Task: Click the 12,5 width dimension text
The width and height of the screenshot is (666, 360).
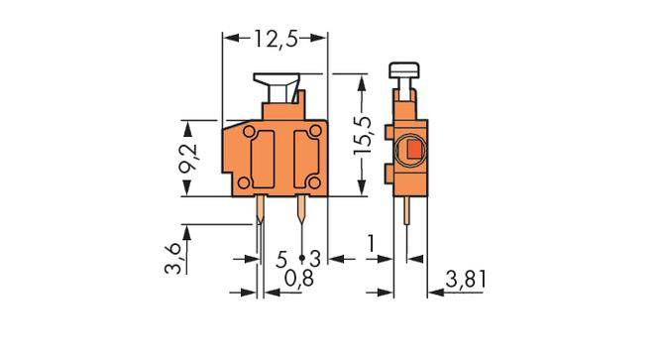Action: point(276,39)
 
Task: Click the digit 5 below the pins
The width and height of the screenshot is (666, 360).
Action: point(281,259)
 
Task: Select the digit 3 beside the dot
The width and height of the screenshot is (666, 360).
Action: point(314,259)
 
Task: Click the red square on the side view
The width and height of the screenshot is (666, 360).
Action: point(410,151)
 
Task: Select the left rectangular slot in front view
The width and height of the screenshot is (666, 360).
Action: point(265,158)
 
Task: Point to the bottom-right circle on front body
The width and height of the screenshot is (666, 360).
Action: point(315,183)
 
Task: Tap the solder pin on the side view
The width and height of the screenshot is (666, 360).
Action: point(408,218)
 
